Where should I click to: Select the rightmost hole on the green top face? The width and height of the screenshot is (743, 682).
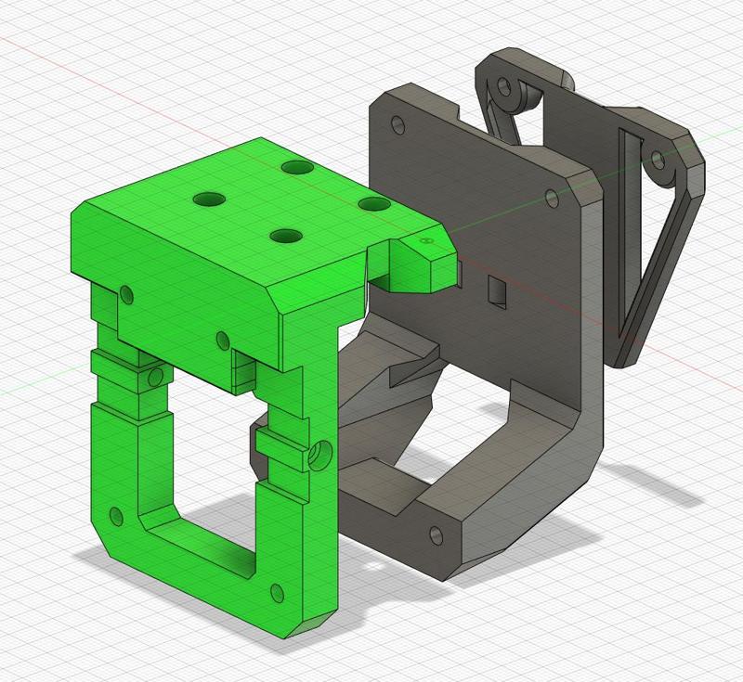[x=372, y=203]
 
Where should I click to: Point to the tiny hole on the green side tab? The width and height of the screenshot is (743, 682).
[x=425, y=240]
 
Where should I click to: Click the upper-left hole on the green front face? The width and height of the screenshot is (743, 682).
[x=127, y=296]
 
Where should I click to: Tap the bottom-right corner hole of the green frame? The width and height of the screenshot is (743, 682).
[x=276, y=591]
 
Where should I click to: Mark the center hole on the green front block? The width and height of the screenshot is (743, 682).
[x=222, y=341]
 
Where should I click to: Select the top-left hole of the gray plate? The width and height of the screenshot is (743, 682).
[x=398, y=123]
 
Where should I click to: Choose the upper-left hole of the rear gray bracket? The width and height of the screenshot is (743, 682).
[x=505, y=90]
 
